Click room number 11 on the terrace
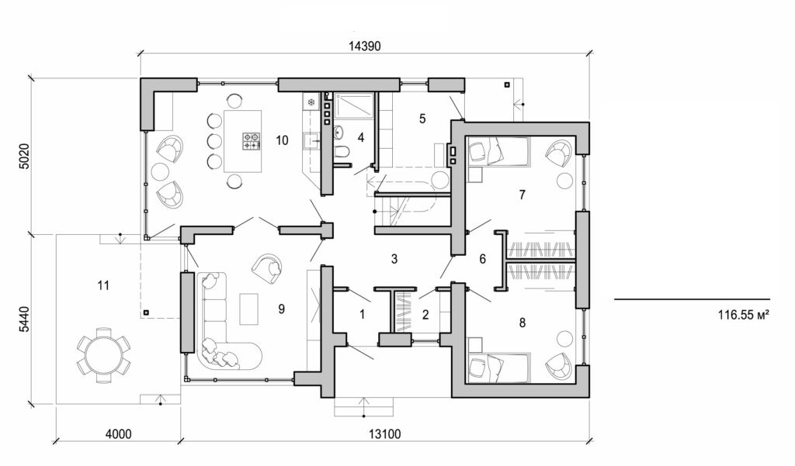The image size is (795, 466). pos(103,285)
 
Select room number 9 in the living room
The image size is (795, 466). pos(282,309)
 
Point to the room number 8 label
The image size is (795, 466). pos(522,322)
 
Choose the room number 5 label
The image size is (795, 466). pos(422,119)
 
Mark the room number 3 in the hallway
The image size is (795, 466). pos(394,259)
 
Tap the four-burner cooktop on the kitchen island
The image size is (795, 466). pos(252,140)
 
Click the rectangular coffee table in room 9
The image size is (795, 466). pos(249,309)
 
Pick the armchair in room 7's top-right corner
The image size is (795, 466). pos(557,153)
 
